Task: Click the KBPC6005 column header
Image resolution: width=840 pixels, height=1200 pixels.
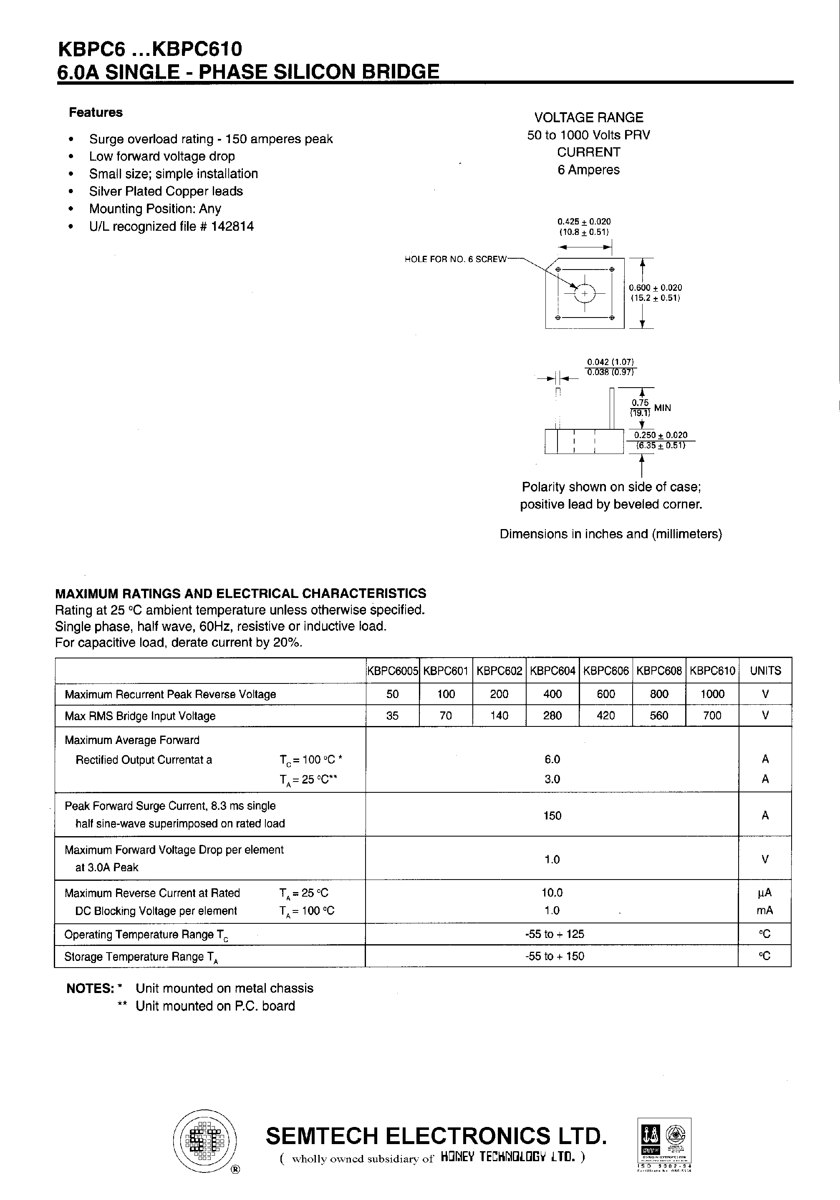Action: (392, 671)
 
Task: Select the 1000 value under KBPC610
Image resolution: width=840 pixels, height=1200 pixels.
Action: (712, 694)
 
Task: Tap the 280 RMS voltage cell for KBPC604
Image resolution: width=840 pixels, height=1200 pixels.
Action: (552, 716)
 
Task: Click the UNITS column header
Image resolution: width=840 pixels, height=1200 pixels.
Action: (765, 671)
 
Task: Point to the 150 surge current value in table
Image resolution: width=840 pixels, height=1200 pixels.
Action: (552, 815)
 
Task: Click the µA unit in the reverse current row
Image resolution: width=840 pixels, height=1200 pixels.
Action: (764, 892)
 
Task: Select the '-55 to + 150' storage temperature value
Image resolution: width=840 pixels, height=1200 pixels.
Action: (554, 956)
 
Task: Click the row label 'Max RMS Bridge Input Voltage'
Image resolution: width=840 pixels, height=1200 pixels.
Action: (140, 716)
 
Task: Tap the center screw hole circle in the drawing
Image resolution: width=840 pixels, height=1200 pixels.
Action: (584, 294)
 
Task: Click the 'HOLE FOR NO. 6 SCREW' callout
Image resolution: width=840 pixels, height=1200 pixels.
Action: (455, 259)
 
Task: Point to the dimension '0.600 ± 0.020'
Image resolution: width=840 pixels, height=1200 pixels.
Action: (655, 287)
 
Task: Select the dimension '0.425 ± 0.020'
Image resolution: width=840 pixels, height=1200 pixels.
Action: (584, 222)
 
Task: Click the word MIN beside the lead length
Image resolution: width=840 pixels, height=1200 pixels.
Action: (662, 408)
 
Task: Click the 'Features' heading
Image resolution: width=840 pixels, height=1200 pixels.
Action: (96, 112)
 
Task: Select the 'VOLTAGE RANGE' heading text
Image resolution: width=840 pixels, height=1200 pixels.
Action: (588, 118)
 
